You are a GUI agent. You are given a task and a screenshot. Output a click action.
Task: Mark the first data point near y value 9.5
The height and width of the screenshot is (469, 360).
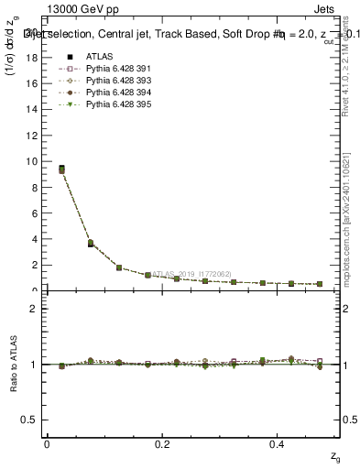point(61,169)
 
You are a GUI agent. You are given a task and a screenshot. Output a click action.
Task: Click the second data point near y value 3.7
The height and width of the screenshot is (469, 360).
point(90,244)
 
